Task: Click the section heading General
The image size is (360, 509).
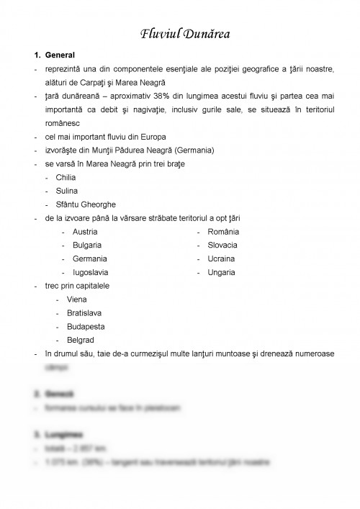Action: tap(60, 55)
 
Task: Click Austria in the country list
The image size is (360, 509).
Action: tap(86, 232)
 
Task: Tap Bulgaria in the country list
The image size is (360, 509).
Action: tap(87, 246)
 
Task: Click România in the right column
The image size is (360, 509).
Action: tap(224, 232)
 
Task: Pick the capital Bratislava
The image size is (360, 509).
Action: tap(84, 313)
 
